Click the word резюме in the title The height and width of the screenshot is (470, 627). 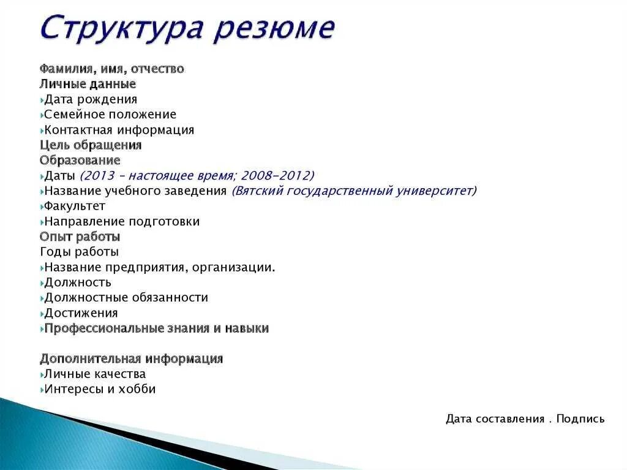274,29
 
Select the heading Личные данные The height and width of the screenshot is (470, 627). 88,84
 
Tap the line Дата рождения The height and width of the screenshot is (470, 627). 91,99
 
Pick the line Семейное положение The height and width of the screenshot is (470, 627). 110,115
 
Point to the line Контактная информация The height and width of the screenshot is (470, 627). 119,130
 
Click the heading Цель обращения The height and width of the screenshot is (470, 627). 91,145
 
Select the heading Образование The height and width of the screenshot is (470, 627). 80,161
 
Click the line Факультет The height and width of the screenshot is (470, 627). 75,206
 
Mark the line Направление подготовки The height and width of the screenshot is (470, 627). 122,221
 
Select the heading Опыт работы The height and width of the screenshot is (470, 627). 80,237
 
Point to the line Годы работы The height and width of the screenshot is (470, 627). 80,252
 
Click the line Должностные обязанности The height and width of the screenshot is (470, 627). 126,298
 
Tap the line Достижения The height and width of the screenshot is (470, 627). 81,313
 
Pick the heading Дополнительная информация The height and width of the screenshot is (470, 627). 131,358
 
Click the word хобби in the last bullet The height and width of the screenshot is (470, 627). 138,389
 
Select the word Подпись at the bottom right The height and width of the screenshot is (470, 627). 580,419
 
